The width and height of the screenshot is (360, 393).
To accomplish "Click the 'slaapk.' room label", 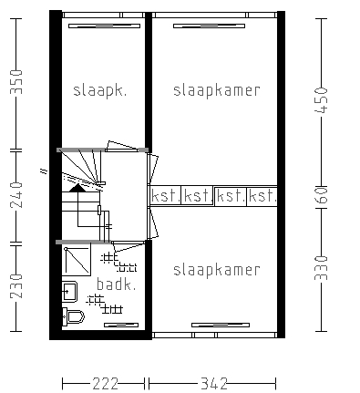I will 99,90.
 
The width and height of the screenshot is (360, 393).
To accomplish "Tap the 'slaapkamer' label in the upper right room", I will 216,90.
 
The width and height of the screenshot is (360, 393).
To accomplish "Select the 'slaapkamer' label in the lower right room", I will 216,270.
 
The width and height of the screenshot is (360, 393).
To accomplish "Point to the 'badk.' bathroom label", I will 117,284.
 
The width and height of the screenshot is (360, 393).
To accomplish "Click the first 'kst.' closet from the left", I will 166,196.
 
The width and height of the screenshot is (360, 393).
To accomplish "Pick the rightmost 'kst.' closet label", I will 262,196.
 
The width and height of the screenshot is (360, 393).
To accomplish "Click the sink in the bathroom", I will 68,292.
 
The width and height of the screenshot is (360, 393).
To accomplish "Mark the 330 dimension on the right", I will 320,270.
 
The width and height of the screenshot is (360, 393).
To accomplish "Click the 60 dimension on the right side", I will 320,196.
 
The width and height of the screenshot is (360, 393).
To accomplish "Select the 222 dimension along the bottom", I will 105,384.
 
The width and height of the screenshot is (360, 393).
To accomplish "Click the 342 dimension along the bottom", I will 214,384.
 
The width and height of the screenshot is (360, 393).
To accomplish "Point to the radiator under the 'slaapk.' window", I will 102,27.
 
